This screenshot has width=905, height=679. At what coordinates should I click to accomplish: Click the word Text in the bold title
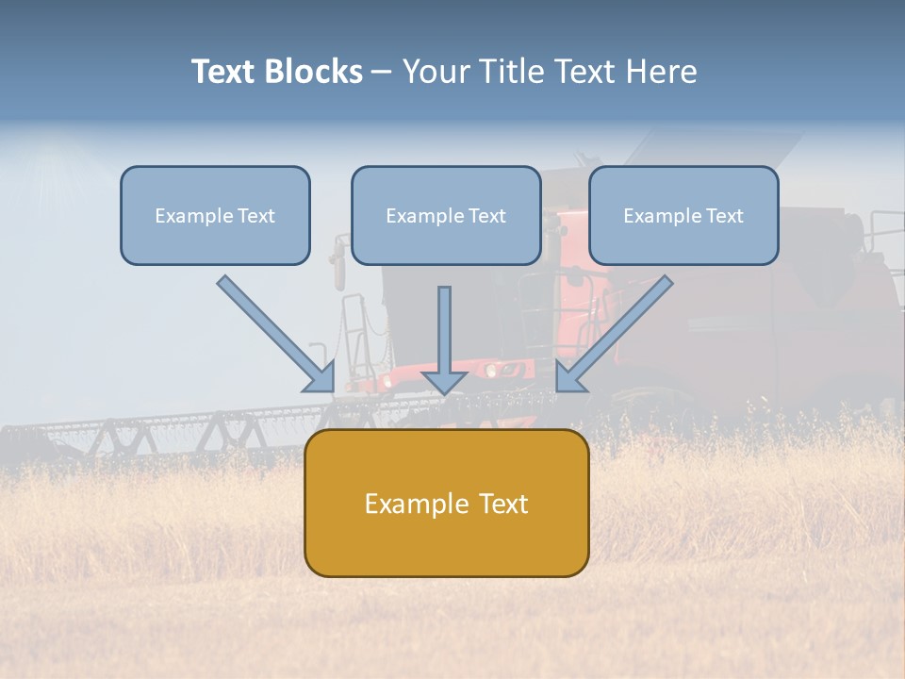223,72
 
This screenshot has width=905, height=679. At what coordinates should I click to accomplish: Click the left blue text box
215,215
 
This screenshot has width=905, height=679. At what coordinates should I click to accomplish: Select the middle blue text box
446,215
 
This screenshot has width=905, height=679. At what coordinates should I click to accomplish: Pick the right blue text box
683,215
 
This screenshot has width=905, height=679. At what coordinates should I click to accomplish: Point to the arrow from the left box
273,331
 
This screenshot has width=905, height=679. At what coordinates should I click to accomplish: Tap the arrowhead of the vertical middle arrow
444,382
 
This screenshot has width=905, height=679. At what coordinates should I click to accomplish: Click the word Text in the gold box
503,504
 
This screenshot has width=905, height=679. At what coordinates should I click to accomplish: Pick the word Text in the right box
725,216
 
